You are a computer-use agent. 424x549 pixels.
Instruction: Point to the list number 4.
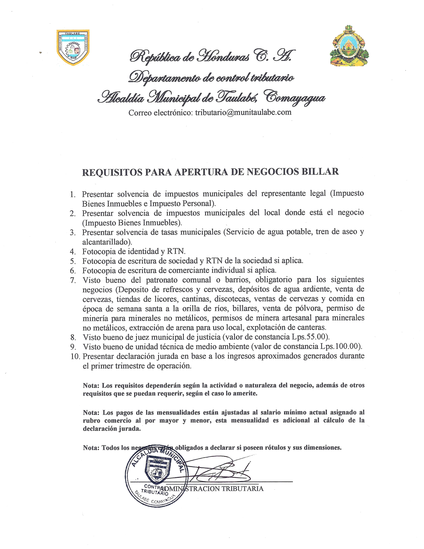pos(73,251)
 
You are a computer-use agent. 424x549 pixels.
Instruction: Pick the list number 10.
pos(75,356)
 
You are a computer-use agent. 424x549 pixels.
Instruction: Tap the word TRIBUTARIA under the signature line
pos(242,489)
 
